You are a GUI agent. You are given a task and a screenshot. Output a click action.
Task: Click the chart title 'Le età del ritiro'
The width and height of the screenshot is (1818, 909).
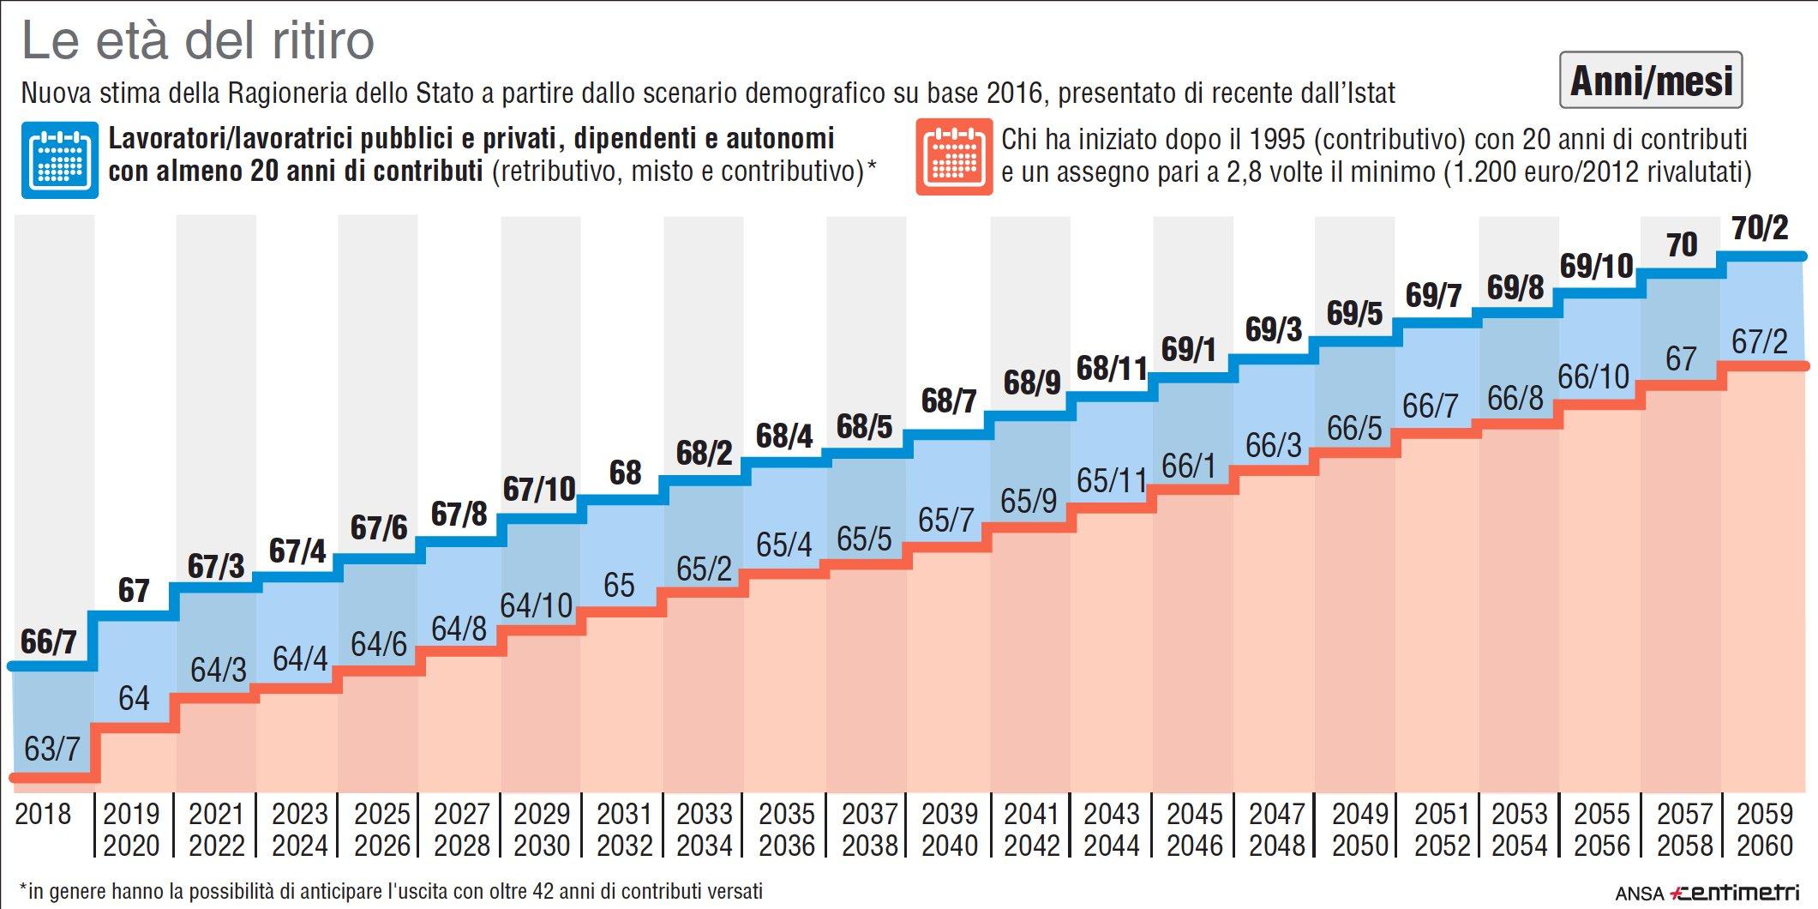[x=198, y=40]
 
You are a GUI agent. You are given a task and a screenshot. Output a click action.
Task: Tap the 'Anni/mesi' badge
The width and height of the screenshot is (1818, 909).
[x=1650, y=81]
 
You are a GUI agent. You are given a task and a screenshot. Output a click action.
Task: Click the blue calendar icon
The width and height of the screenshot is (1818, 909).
[x=59, y=160]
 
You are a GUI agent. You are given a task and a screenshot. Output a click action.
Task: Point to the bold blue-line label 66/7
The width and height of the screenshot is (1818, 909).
[x=49, y=641]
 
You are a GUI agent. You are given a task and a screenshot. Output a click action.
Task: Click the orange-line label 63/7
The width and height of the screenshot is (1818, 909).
[x=51, y=749]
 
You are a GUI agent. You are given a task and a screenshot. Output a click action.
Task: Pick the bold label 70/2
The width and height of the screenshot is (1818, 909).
[x=1760, y=228]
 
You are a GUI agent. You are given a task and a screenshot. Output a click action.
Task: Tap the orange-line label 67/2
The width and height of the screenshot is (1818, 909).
[x=1760, y=341]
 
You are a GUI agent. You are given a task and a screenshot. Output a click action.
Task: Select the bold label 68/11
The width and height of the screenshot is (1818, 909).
[x=1112, y=369]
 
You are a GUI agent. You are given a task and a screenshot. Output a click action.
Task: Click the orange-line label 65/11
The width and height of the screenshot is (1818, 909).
[x=1112, y=480]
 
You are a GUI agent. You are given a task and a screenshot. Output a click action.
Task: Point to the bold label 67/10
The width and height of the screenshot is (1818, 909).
[x=538, y=489]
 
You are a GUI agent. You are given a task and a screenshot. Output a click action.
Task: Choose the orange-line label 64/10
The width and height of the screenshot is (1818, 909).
[x=536, y=605]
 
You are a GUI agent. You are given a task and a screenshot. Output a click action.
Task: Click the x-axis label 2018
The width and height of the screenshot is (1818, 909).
[x=43, y=813]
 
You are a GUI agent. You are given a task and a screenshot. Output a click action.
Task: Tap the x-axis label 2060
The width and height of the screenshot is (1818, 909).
[x=1765, y=846]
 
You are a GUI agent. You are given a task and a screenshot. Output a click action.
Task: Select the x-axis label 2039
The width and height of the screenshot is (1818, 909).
[x=949, y=813]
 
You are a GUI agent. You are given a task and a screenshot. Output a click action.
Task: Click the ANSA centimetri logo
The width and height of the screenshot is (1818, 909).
[x=1706, y=892]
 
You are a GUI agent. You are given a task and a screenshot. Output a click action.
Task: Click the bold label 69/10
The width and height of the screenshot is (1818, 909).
[x=1596, y=266]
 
